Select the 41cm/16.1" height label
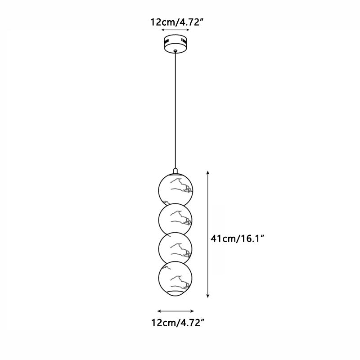click(x=237, y=238)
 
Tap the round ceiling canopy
click(x=175, y=43)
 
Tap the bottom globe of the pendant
click(x=175, y=278)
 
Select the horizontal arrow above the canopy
click(x=175, y=31)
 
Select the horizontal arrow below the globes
click(x=175, y=311)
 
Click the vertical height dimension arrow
click(x=207, y=234)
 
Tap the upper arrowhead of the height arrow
click(x=207, y=172)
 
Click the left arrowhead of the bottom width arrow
click(x=159, y=311)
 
